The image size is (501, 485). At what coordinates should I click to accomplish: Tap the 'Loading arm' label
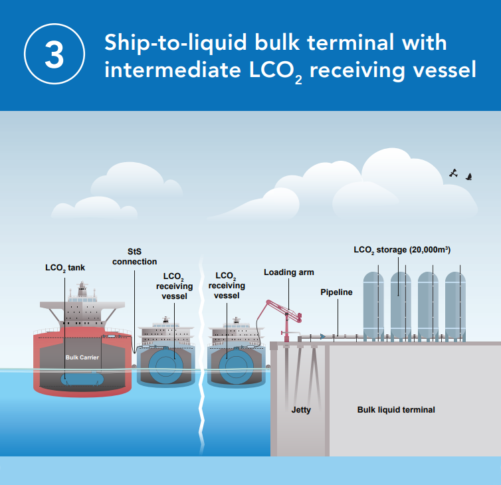(288, 272)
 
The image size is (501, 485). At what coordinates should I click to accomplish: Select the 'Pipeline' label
(336, 292)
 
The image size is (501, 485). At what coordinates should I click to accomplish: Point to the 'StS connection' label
(134, 257)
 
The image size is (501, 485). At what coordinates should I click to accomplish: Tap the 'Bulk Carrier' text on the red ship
(82, 357)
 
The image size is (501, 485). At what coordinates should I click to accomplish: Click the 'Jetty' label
(301, 410)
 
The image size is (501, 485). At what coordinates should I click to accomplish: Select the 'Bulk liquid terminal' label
(396, 410)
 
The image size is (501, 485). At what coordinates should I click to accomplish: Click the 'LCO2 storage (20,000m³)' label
(403, 250)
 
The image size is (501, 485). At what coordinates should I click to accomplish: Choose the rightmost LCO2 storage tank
(455, 305)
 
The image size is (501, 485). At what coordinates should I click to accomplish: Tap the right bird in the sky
(469, 177)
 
